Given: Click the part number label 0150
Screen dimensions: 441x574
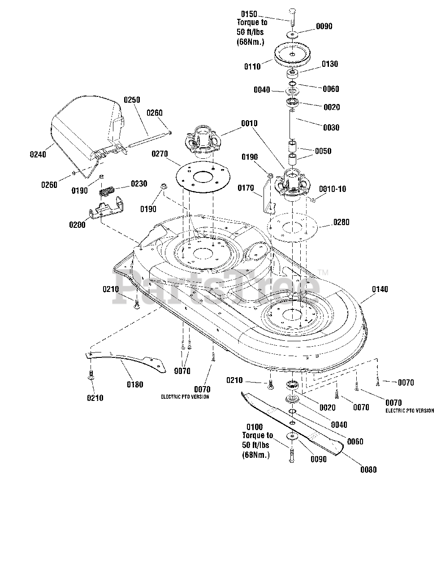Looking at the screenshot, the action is tap(249, 14).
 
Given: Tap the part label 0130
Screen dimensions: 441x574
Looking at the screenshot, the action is tap(329, 64).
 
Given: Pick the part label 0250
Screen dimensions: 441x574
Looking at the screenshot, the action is tap(132, 100).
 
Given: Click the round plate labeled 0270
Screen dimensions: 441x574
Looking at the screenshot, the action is tap(203, 177).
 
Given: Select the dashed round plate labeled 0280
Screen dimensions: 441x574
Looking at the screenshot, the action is tap(292, 227).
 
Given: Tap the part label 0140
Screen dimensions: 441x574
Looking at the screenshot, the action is tap(380, 289).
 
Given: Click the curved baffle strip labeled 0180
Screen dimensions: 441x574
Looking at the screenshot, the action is tap(126, 361).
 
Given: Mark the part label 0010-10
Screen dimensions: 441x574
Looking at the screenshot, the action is tap(333, 189).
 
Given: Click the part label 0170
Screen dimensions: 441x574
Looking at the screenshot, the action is tap(246, 188).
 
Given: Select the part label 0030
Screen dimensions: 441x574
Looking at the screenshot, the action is tap(331, 128).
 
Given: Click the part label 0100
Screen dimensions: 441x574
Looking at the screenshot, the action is tap(255, 427).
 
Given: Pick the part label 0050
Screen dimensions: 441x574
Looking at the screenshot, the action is tap(323, 151).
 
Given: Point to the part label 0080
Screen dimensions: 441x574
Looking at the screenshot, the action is tap(368, 470).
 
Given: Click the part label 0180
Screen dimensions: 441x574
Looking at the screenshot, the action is tap(135, 385).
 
